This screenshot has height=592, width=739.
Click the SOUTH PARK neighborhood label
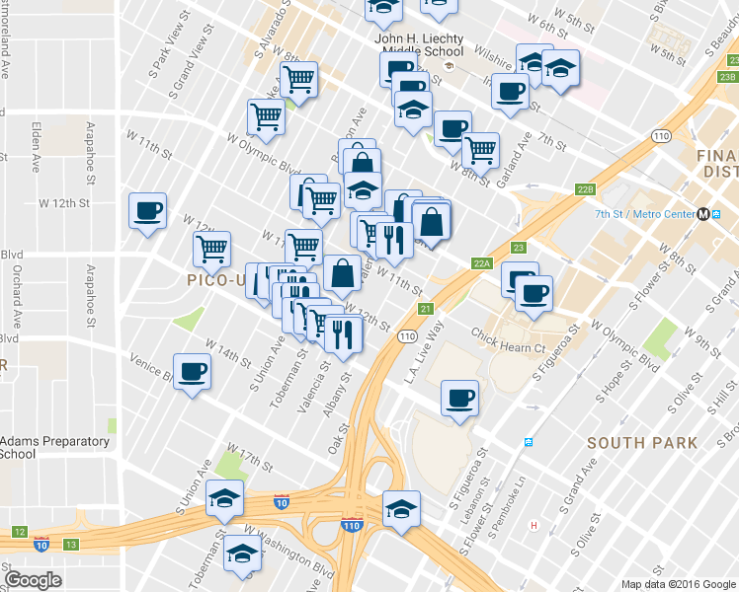[642, 443]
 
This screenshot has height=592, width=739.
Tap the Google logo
[34, 580]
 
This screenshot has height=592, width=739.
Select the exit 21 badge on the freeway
[425, 310]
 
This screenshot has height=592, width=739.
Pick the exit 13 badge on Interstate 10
[70, 544]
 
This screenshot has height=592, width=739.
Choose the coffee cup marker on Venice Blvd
[192, 372]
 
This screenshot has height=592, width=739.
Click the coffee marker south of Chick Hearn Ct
[459, 399]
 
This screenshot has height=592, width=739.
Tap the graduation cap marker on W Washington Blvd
[242, 556]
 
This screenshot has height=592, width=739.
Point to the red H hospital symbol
[534, 525]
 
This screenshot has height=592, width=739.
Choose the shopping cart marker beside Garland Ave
[480, 151]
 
